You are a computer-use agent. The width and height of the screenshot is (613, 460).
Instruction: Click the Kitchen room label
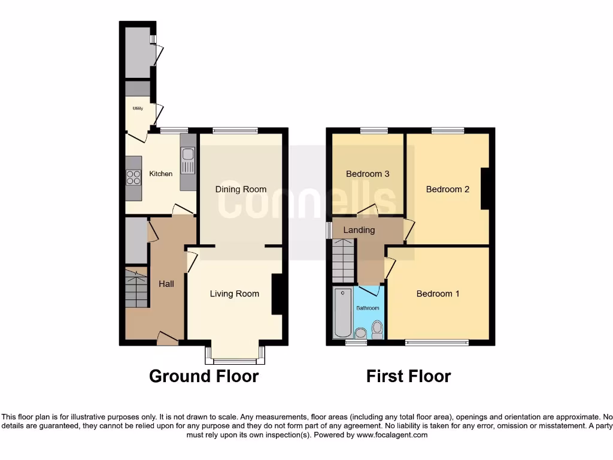(x=160, y=174)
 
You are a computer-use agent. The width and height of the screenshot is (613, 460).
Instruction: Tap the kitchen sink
(x=187, y=161)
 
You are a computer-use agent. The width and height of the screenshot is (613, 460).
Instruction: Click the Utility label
(x=138, y=108)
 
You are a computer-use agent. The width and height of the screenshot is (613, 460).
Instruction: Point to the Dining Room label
(x=241, y=189)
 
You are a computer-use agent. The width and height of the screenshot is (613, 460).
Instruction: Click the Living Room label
(x=234, y=293)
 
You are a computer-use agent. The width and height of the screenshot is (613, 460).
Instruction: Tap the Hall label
(x=166, y=284)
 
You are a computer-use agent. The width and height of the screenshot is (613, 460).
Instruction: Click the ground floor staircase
(x=136, y=289)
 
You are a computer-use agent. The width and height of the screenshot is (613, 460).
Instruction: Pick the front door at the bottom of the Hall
(x=168, y=340)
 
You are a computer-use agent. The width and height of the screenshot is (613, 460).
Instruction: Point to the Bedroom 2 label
(x=447, y=189)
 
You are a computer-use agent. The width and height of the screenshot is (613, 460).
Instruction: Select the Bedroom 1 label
(x=438, y=293)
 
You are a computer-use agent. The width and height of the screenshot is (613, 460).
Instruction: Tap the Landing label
(x=359, y=230)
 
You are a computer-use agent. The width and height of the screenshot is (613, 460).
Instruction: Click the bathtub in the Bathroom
(x=343, y=313)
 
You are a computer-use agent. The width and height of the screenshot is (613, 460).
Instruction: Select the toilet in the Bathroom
(x=377, y=328)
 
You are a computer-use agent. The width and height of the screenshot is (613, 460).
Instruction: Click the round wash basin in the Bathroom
(x=360, y=333)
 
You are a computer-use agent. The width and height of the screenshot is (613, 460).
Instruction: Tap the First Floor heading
(x=408, y=376)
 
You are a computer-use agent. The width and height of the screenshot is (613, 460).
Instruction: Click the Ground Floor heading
(x=204, y=376)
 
